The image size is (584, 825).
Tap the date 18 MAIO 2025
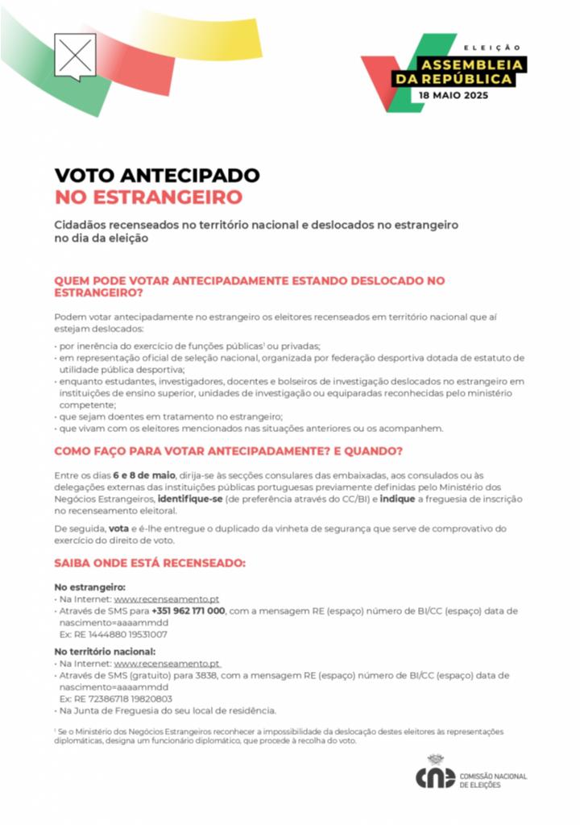point(453,94)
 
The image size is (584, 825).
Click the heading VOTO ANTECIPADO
point(157,176)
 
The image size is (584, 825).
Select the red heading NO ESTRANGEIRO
point(148,197)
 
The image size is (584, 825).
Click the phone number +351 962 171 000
point(188,611)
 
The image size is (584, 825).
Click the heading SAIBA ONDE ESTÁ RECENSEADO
point(150,562)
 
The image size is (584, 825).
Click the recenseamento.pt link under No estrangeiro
point(167,599)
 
